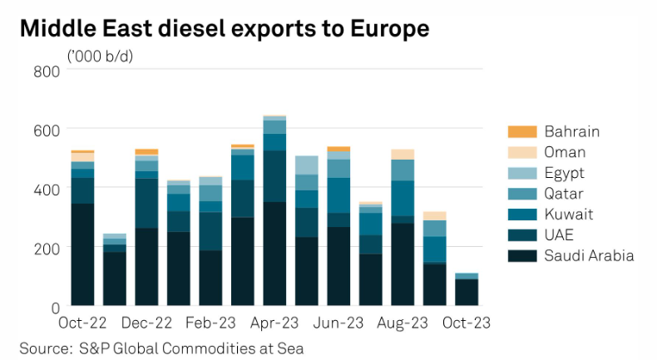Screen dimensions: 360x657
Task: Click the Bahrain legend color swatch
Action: coord(521,131)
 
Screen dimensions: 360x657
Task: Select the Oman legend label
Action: coord(565,152)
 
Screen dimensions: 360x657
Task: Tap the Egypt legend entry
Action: coord(566,173)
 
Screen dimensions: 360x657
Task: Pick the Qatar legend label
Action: coord(565,194)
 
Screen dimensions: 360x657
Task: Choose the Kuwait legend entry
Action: coord(568,214)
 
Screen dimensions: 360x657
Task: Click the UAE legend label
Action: coord(560,234)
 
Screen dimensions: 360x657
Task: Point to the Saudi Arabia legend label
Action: coord(589,255)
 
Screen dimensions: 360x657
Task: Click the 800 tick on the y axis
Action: coord(47,72)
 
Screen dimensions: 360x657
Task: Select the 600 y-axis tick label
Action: coord(47,130)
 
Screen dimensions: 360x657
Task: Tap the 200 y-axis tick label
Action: coord(47,248)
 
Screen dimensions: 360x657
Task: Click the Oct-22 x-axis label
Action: coord(82,323)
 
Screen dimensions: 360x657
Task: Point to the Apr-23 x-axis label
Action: coord(274,323)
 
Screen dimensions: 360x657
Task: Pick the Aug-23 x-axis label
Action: coord(403,323)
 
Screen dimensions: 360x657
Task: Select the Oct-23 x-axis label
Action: coord(467,323)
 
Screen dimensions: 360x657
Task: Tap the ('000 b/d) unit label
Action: coord(101,56)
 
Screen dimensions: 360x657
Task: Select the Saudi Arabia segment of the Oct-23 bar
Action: coord(467,293)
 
